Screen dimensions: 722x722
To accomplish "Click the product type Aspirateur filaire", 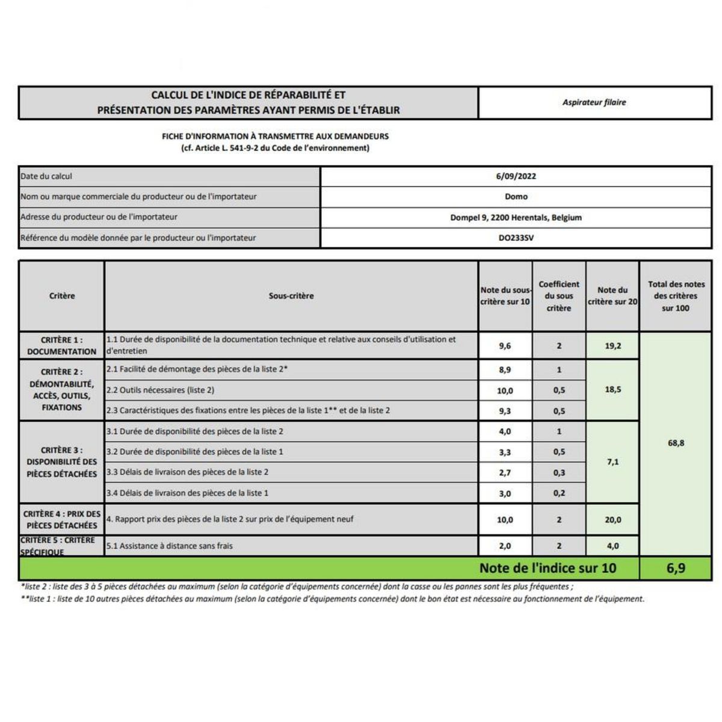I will pos(594,102).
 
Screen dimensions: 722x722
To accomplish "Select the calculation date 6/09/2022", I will pos(516,176).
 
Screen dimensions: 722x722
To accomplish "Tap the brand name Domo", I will pos(516,197).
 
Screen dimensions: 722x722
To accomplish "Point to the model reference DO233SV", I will pos(516,238).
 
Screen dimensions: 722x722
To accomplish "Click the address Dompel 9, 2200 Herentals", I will pos(516,217).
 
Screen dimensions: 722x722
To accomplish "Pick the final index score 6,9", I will pos(676,568).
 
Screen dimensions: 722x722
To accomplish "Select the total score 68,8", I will pos(676,443).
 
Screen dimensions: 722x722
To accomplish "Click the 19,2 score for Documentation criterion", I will pos(612,346).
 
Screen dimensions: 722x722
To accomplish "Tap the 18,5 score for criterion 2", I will pos(612,389).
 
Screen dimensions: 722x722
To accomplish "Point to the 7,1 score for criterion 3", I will pos(612,462).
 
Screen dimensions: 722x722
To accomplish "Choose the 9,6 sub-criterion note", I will pos(505,346).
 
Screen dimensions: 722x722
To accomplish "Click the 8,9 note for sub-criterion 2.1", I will pos(505,369).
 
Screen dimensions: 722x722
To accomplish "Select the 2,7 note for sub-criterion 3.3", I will pos(505,472).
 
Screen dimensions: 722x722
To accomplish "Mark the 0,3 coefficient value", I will pos(559,472).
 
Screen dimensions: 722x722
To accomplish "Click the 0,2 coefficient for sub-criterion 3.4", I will pos(559,493).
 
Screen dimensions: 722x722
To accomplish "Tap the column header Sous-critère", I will pos(291,296).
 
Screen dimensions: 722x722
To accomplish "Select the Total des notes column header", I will pos(676,296).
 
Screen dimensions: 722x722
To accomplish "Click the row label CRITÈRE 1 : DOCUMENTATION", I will pos(61,345).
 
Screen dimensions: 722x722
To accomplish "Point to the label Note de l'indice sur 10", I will pos(548,568).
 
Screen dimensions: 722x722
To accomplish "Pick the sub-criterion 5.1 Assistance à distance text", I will pos(170,546).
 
